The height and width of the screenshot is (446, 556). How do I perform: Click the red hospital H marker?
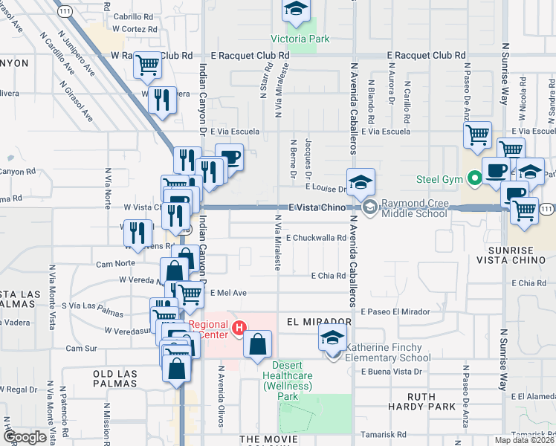point(239,327)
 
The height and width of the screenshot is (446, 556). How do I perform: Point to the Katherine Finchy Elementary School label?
point(389,352)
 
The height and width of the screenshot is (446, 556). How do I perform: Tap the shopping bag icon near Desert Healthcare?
point(257,344)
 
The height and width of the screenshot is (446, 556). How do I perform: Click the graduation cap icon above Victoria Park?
point(296,10)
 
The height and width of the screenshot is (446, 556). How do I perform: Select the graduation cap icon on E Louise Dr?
point(361,182)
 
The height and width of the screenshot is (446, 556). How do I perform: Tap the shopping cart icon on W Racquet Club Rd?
point(147,65)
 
